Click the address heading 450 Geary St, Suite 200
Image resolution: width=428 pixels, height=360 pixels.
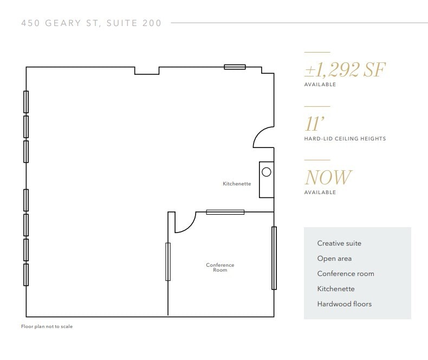(91, 23)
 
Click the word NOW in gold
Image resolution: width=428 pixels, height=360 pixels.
(328, 177)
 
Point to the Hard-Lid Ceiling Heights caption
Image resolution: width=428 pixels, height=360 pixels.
(345, 139)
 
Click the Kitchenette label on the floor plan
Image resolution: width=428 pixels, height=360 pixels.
(237, 184)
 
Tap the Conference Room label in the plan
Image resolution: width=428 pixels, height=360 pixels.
(220, 267)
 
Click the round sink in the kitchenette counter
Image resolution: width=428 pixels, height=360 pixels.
(266, 172)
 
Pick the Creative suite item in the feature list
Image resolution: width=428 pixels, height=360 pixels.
(339, 243)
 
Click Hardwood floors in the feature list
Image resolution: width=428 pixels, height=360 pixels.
(345, 304)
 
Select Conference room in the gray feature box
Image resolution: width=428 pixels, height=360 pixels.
(346, 274)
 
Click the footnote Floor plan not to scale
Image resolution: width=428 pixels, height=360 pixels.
(47, 326)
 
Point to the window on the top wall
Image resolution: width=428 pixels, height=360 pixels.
(235, 67)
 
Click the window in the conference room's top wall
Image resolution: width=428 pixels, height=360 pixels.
(225, 212)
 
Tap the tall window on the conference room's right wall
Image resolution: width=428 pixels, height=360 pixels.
(274, 258)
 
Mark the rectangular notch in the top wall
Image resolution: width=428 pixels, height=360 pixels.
(147, 70)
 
